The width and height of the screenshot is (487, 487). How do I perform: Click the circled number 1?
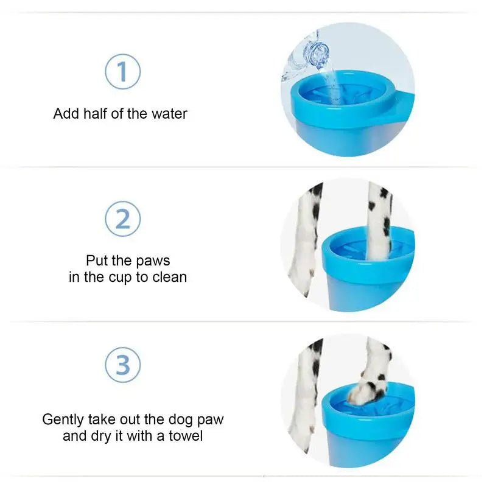[123, 72]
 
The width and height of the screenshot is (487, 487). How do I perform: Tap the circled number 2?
[123, 219]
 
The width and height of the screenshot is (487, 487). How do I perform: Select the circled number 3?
[123, 365]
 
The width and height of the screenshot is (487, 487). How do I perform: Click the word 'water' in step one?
[169, 114]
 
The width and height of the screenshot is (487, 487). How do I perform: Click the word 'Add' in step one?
[66, 114]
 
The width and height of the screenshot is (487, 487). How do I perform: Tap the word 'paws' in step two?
[153, 261]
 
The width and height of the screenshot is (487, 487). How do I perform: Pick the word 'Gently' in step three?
[63, 420]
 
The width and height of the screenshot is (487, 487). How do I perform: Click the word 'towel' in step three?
[186, 436]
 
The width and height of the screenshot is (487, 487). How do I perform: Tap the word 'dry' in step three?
[101, 436]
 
